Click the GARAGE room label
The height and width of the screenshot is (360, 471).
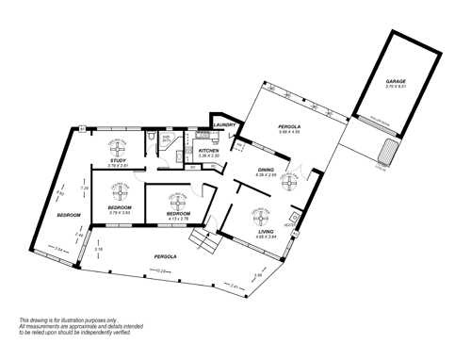(395, 82)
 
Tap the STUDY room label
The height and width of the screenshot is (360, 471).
(118, 161)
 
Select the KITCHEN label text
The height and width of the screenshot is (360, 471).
(209, 150)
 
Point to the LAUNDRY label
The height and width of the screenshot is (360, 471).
(224, 123)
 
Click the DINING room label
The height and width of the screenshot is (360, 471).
(267, 170)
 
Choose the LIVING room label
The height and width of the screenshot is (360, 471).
(267, 231)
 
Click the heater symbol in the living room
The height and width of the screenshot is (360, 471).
(296, 229)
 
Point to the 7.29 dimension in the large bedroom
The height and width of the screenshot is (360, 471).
(84, 188)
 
